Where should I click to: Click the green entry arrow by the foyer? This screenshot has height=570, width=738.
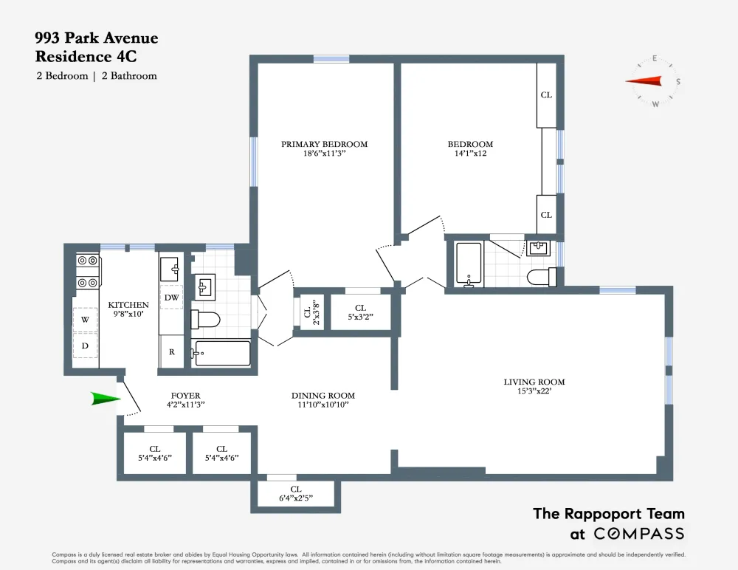[106, 399]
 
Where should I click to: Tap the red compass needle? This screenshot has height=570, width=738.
[643, 81]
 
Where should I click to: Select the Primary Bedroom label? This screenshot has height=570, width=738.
[324, 144]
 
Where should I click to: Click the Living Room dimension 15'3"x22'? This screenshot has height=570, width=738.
[534, 391]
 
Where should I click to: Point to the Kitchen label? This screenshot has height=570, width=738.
[128, 305]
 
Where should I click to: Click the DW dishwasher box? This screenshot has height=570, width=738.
[171, 298]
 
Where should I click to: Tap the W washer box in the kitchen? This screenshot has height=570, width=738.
[85, 320]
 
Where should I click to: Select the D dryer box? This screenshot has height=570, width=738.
[85, 346]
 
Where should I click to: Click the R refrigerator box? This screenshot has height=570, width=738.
[172, 351]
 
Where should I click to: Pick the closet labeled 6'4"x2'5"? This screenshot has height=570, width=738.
[296, 494]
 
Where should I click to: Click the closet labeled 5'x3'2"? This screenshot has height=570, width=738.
[361, 312]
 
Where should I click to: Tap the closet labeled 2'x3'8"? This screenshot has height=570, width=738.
[308, 312]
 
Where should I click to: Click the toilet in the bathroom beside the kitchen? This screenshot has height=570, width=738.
[205, 320]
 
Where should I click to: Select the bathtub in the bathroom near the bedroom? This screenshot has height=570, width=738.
[469, 264]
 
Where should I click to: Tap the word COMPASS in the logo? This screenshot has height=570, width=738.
[638, 534]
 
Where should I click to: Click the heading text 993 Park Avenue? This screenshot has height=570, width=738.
[97, 38]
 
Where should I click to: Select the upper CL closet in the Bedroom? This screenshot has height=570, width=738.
[546, 95]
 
